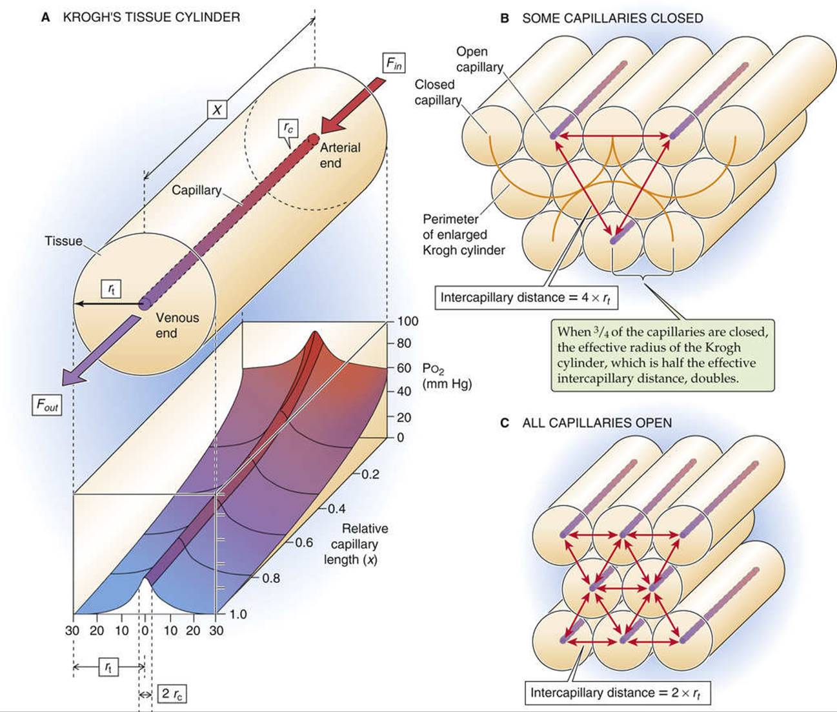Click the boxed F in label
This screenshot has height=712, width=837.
tap(394, 63)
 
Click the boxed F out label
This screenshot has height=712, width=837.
tap(47, 405)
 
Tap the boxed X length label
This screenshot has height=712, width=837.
tap(217, 109)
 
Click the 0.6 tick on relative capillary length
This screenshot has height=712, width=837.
tap(301, 542)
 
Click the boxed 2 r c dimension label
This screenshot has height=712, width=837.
tap(172, 693)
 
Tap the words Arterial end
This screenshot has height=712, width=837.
tap(340, 155)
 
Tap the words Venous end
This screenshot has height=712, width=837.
tap(177, 325)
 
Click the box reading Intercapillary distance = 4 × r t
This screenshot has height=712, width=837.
tap(527, 298)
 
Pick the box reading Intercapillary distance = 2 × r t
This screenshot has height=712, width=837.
tap(617, 693)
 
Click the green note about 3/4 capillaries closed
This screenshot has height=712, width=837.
tap(663, 355)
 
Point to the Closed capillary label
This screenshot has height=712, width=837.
tap(438, 92)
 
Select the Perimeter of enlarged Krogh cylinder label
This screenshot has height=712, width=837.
tap(463, 235)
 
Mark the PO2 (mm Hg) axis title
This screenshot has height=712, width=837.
tap(447, 376)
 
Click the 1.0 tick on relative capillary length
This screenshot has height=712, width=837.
tap(237, 615)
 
